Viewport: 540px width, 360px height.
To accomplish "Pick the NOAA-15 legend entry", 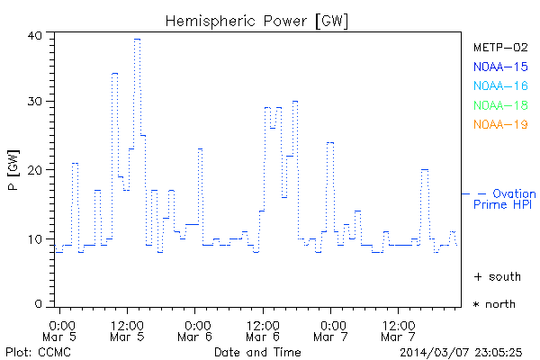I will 499,67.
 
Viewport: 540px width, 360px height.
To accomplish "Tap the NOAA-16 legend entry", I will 499,85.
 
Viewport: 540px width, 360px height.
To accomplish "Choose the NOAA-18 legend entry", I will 499,105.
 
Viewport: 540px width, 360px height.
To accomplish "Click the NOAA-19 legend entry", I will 499,124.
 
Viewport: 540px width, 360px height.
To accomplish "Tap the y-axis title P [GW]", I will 12,170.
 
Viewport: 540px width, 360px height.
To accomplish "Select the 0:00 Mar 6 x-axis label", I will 196,329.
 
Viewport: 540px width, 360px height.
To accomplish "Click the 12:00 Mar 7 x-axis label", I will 399,329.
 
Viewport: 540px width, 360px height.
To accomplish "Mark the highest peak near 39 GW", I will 137,39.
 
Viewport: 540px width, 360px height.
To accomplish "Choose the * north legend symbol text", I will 494,304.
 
